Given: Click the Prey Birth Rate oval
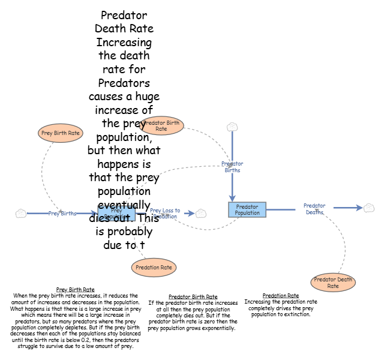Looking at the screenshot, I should [60, 133].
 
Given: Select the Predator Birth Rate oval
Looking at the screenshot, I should [162, 125].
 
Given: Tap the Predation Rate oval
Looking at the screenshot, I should [154, 268].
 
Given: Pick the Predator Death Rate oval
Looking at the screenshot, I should [333, 283].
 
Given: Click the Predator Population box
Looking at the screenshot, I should [247, 209].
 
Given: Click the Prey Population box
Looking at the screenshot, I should [108, 213].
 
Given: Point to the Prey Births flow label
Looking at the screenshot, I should [62, 213].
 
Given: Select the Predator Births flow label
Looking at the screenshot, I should [232, 167].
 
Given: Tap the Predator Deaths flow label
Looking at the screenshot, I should [314, 209].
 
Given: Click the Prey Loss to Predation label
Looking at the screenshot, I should [164, 213].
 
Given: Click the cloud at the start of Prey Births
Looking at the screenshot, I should [21, 213].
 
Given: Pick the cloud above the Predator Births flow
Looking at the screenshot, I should [232, 127].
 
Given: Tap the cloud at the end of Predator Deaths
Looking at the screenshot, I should [369, 208].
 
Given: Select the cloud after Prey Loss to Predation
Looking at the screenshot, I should [201, 213].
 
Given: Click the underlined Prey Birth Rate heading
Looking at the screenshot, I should [75, 290].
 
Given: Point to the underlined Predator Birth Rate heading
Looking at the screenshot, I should [193, 296].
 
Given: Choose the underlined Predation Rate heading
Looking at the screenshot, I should [281, 296].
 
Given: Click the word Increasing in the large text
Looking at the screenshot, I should [124, 43].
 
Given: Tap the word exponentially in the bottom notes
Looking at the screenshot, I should [217, 328].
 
